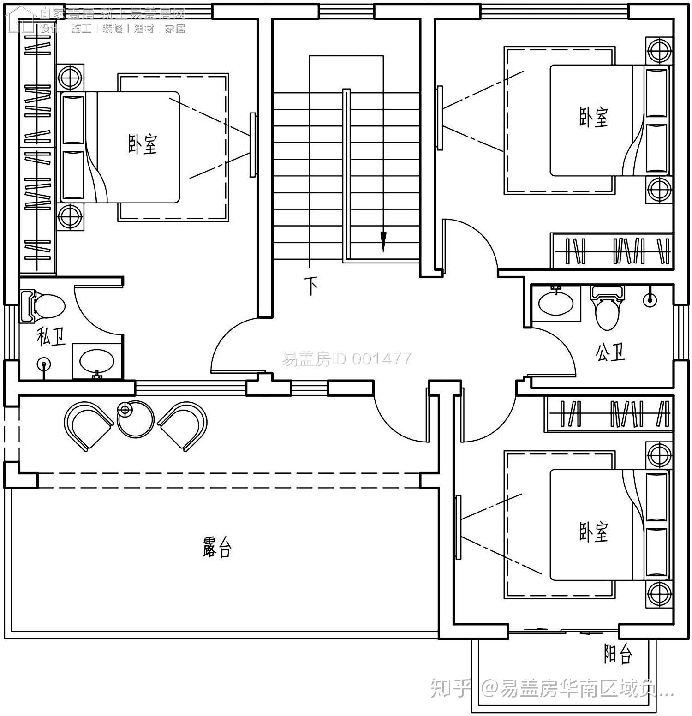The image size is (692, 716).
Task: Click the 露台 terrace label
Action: point(216,547)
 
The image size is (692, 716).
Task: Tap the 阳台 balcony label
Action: point(618,653)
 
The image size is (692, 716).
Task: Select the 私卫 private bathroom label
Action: point(51,337)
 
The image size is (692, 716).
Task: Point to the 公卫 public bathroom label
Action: point(610,353)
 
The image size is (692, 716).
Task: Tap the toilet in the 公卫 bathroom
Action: point(608,309)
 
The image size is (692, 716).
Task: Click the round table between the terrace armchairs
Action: point(136,419)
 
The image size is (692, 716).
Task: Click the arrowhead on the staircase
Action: point(383,241)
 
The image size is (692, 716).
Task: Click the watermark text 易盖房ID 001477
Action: point(346,359)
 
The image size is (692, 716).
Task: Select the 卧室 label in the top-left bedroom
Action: point(142,144)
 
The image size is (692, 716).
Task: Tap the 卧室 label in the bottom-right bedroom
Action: point(593,532)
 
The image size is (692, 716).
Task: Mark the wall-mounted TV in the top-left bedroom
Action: point(252,144)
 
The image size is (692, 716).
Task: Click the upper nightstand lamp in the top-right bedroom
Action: point(659,50)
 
